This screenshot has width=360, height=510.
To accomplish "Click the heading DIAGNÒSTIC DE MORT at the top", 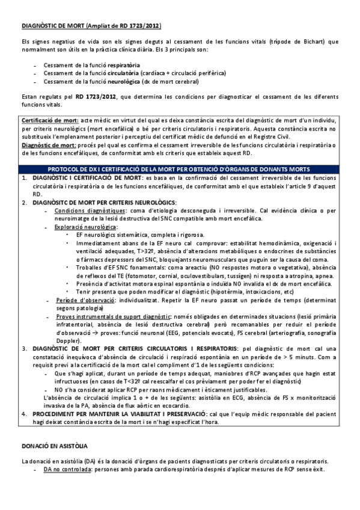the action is [x=53, y=26].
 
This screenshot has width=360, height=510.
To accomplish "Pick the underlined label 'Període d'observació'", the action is [x=82, y=300].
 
